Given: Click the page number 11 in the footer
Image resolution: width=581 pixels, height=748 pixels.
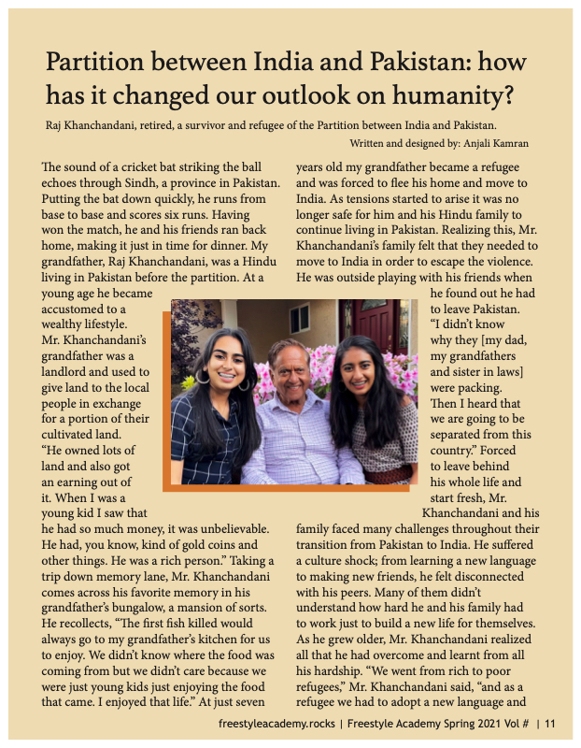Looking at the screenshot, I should click(550, 723).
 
